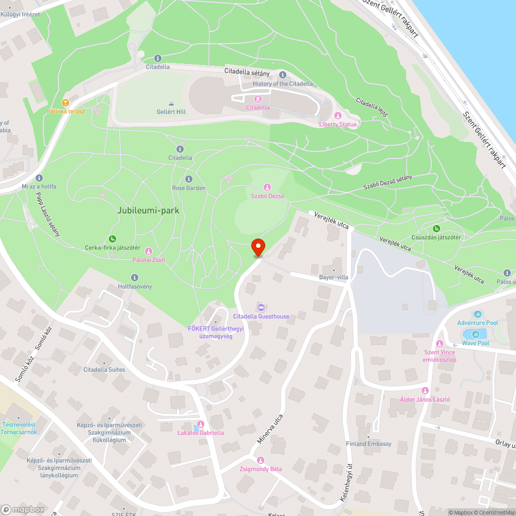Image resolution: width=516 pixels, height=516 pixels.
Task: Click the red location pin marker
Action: pos(257,247)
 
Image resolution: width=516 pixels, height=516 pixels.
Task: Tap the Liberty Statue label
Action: pos(338,124)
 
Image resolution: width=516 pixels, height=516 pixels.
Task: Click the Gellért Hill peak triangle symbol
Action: pos(171,103)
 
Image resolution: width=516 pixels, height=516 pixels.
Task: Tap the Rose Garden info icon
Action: pos(188,179)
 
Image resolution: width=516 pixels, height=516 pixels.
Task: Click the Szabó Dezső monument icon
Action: pos(267,187)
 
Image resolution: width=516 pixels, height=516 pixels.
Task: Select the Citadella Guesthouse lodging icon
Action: pos(261,308)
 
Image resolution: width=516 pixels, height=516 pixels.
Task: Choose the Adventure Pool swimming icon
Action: pos(477,314)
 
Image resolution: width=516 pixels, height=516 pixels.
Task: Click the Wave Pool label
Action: pos(476,343)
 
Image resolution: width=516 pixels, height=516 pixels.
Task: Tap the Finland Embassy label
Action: pos(369,444)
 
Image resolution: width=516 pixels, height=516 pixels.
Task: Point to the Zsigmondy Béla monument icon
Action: pos(261,460)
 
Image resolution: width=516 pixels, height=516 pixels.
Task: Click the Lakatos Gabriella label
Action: pos(201,433)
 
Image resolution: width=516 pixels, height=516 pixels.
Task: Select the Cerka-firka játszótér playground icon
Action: pos(112,238)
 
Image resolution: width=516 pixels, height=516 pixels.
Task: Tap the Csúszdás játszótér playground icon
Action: pos(436,229)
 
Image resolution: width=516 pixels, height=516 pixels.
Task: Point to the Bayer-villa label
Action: pos(333,277)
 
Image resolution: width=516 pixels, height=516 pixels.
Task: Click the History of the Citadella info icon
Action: pos(283,75)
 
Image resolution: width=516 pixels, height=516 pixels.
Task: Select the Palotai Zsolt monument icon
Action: pos(149,251)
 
